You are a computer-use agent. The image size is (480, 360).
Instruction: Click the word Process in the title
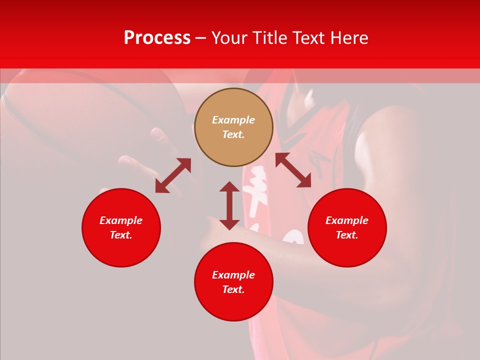pos(157,38)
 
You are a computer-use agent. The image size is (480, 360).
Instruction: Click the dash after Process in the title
pos(201,38)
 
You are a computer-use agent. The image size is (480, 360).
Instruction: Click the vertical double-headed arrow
pos(229,205)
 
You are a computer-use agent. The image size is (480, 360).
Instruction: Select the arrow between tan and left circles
pos(173,175)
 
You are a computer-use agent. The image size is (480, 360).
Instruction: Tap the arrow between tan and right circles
pos(293,170)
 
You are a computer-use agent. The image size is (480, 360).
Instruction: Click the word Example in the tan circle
pos(233,120)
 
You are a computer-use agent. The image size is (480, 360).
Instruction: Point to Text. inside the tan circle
pos(233,134)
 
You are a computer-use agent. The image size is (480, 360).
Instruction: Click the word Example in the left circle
pos(121,220)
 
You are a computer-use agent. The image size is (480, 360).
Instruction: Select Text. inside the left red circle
pos(121,235)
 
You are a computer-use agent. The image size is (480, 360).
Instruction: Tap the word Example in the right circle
pos(347,220)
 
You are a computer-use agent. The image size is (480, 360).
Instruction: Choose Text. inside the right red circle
pos(347,235)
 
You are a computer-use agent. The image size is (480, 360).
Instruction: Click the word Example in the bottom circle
pos(233,275)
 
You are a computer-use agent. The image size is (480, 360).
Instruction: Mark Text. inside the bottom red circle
pos(233,289)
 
